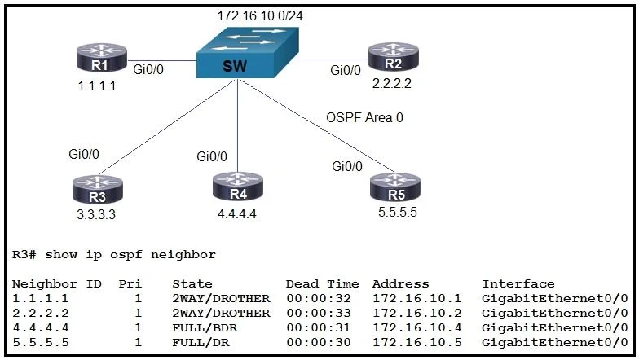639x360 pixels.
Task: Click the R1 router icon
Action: click(x=101, y=58)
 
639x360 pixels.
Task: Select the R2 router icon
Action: click(x=393, y=57)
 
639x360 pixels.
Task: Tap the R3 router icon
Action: click(x=98, y=189)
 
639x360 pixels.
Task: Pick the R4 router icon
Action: click(x=238, y=187)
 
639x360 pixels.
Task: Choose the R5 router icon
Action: click(x=394, y=187)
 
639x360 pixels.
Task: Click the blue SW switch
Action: click(x=248, y=52)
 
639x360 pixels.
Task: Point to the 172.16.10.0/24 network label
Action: click(x=260, y=16)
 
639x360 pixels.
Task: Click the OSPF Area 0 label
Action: click(x=365, y=117)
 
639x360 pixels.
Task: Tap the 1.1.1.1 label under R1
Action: click(x=96, y=86)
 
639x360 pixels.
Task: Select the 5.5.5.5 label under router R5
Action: click(x=398, y=212)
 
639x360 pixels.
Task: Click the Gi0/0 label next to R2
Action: click(x=346, y=70)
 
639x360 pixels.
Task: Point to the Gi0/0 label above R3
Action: click(x=84, y=155)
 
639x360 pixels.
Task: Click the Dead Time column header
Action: click(x=323, y=283)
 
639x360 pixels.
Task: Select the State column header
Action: click(x=192, y=283)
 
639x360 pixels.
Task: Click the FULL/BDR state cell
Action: click(x=205, y=327)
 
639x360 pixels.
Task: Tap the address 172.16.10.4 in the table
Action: click(x=417, y=327)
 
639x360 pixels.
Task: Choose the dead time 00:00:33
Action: click(x=318, y=313)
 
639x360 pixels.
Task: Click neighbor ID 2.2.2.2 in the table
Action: click(x=41, y=313)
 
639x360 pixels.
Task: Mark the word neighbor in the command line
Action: click(x=183, y=255)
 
